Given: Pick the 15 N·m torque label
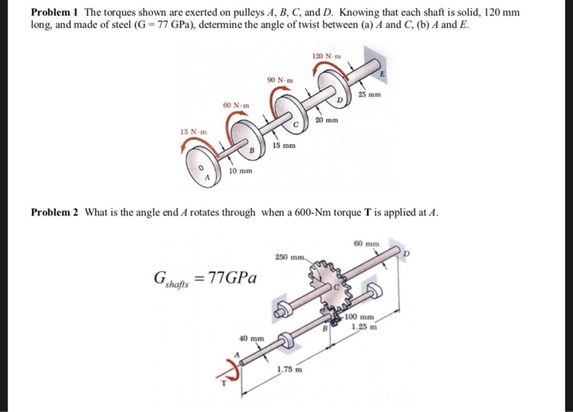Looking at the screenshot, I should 193,131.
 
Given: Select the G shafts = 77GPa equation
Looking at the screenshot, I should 205,277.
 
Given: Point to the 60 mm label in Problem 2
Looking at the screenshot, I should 367,243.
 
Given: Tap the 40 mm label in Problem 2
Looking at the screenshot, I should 251,337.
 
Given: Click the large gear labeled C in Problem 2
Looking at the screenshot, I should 332,286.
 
